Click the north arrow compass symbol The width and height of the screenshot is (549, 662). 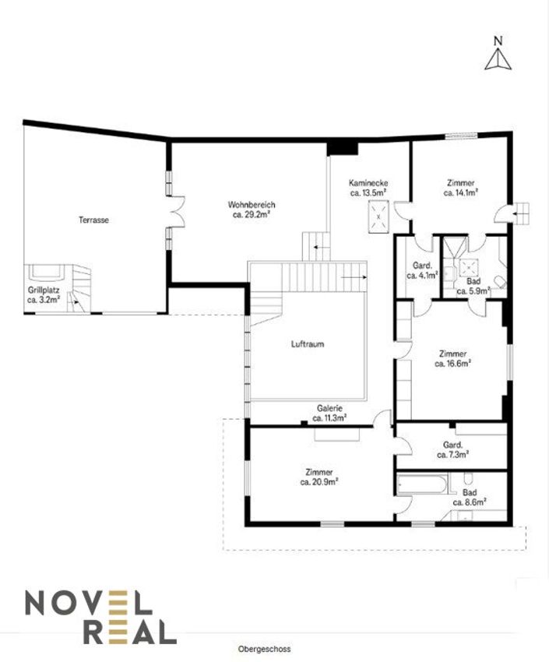pos(498,54)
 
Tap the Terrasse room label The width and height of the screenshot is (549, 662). pos(93,220)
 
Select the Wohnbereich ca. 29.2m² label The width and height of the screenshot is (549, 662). pos(252,210)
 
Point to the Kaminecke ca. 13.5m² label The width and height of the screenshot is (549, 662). pos(368,188)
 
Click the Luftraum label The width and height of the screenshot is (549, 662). pos(308,344)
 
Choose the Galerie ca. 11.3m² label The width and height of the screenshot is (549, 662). pos(329,414)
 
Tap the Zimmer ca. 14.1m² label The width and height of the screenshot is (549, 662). pos(461,188)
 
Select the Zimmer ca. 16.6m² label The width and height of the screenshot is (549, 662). pos(452,358)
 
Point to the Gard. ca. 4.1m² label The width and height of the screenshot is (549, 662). pos(422,270)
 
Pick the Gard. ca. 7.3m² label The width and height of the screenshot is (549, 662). pos(452,449)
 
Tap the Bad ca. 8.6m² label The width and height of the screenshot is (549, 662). pos(470,498)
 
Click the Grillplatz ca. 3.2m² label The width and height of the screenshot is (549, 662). pos(44,295)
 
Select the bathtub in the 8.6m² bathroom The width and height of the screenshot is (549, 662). pos(422,484)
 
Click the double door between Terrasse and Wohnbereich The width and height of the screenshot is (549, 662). pos(178,212)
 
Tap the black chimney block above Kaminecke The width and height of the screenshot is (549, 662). pos(342,149)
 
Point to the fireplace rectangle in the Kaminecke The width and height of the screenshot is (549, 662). pos(378,217)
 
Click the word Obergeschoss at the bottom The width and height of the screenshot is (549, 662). pos(264,649)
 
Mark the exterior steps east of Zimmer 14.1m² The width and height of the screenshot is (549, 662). pos(521,214)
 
